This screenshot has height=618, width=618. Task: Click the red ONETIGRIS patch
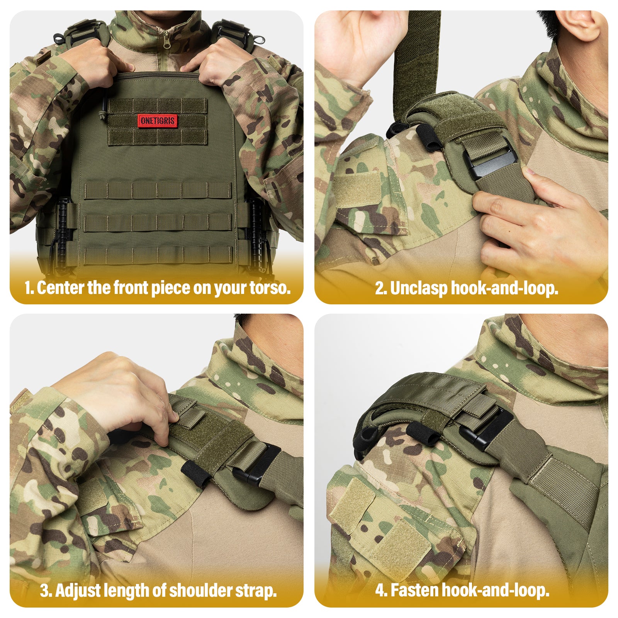click(157, 121)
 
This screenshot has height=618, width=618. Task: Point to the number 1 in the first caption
click(27, 288)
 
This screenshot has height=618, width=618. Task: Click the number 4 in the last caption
click(380, 591)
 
